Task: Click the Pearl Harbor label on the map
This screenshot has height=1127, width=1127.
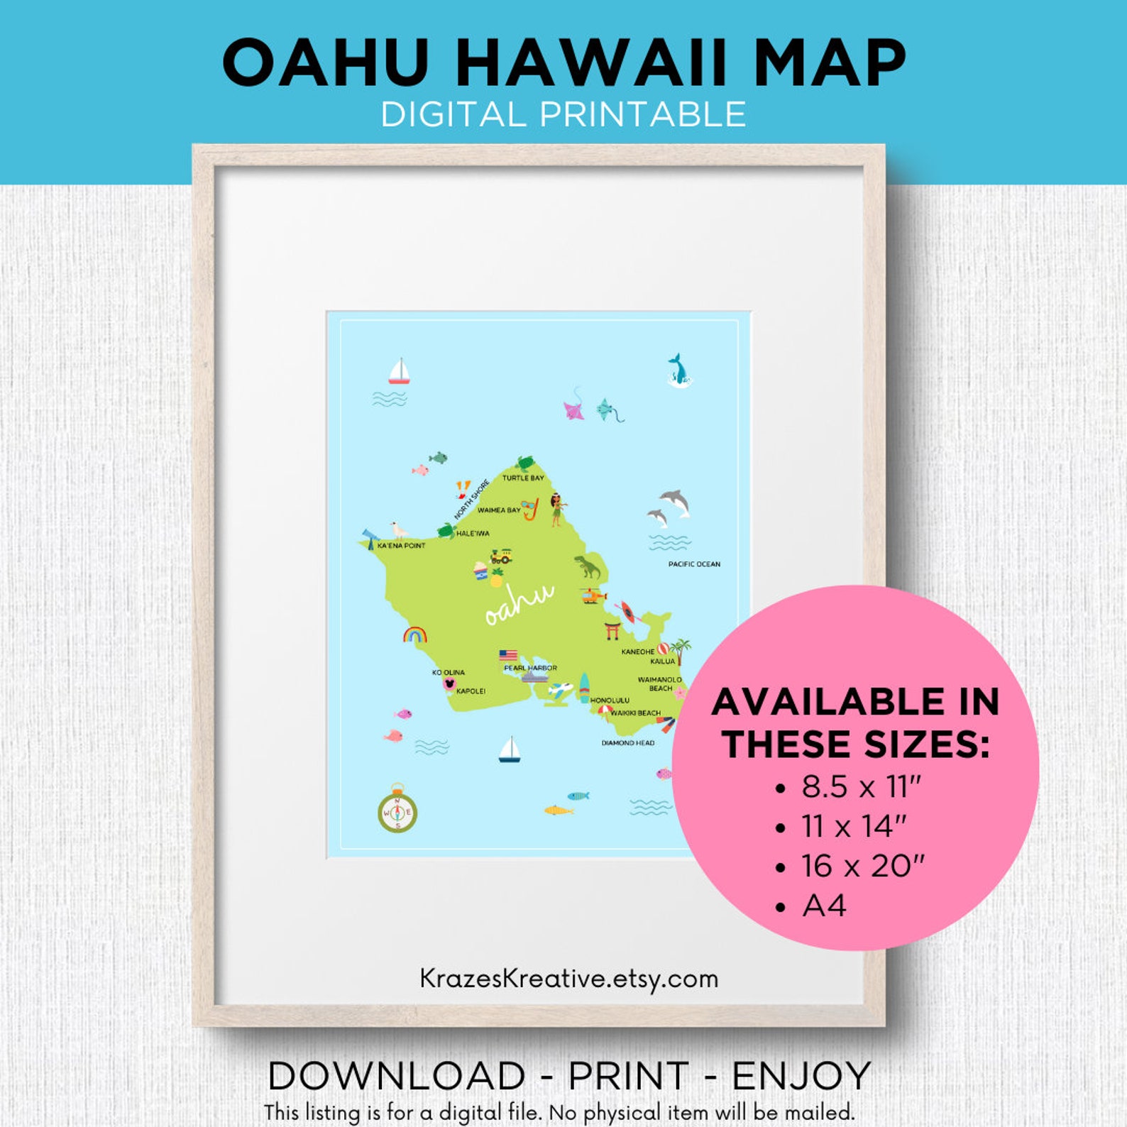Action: [530, 668]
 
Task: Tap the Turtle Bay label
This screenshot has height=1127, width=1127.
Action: [523, 478]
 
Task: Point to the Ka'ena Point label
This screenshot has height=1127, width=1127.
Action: [401, 546]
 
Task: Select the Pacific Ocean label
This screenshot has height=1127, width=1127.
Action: [694, 564]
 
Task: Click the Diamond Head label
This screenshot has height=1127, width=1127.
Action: [628, 743]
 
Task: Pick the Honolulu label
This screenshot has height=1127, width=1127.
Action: [610, 700]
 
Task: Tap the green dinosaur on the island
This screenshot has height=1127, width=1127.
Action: [587, 567]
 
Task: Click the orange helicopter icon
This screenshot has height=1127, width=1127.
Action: [593, 595]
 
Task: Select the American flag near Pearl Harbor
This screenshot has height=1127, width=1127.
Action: [508, 655]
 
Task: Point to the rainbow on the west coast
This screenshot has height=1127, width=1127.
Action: [414, 634]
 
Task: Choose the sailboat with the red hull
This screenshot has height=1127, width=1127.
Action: [399, 372]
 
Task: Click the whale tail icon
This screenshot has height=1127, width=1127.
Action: [678, 370]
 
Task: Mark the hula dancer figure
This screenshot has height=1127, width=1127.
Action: [556, 508]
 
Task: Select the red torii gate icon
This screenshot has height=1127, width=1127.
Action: [612, 630]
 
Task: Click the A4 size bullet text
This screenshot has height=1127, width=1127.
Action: [824, 906]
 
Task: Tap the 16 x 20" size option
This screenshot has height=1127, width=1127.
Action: [862, 866]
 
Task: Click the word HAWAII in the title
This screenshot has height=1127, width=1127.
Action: [592, 62]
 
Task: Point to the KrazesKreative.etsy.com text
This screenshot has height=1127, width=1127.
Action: [568, 979]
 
